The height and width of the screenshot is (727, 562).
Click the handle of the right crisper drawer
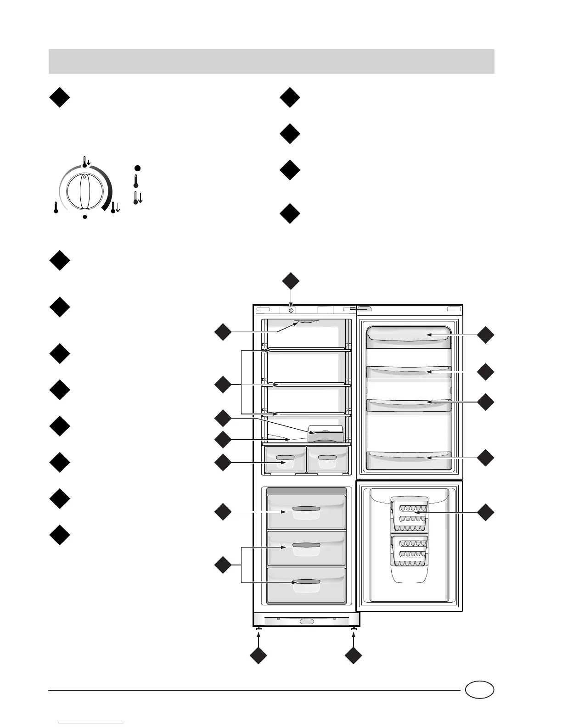coord(327,458)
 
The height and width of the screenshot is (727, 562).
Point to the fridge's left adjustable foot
coord(259,628)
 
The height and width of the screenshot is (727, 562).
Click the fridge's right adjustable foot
coord(354,628)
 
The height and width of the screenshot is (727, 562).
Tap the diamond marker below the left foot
coord(259,655)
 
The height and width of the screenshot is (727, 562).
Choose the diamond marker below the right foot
coord(353,655)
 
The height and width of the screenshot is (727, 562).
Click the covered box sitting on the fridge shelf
coord(326,434)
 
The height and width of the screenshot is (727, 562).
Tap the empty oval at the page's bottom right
coord(479,690)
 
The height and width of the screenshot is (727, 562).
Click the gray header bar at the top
coord(271,62)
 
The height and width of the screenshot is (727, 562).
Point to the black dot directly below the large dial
coord(85,217)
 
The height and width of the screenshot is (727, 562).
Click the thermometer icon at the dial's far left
coord(56,208)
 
